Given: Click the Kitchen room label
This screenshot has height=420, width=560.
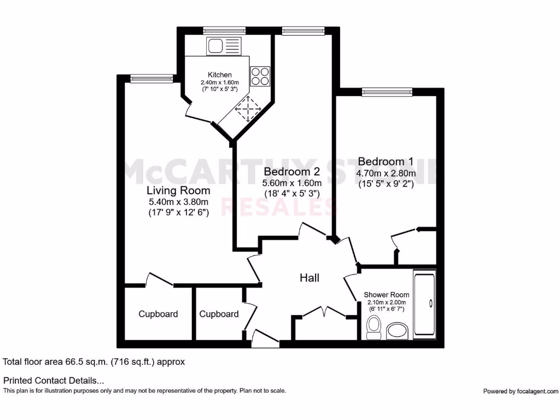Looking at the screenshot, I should pyautogui.click(x=219, y=75).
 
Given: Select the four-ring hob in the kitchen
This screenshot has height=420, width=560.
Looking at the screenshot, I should pyautogui.click(x=260, y=76).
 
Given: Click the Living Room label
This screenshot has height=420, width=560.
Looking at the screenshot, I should pyautogui.click(x=178, y=191).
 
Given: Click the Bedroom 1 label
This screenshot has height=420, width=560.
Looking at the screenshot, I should pyautogui.click(x=386, y=161).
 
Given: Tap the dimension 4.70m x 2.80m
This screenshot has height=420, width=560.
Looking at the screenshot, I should pyautogui.click(x=386, y=174).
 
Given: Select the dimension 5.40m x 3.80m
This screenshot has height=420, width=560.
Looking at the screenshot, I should pyautogui.click(x=178, y=202).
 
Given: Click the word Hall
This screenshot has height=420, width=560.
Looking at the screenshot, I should pyautogui.click(x=309, y=278).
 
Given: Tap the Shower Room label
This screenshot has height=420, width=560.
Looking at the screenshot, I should pyautogui.click(x=386, y=295).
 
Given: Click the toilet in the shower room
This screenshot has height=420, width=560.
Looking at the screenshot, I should pyautogui.click(x=375, y=328).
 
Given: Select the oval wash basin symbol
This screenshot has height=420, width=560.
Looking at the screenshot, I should pyautogui.click(x=397, y=330).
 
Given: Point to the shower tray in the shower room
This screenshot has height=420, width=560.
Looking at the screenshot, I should pyautogui.click(x=425, y=304).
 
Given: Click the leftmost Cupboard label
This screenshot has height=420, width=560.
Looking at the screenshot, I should pyautogui.click(x=158, y=314).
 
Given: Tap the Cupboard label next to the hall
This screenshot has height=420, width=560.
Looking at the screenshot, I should pyautogui.click(x=219, y=314).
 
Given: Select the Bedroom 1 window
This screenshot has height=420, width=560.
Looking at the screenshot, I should pyautogui.click(x=387, y=92).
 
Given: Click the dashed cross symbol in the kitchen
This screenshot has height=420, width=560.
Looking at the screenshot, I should pyautogui.click(x=248, y=109).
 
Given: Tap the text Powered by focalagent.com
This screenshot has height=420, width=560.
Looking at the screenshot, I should pyautogui.click(x=521, y=391).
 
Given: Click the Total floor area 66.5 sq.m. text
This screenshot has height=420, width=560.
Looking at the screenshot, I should pyautogui.click(x=94, y=361).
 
